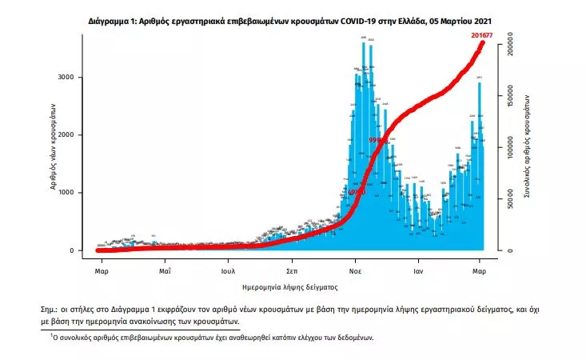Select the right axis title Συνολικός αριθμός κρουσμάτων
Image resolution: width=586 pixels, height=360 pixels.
[528, 148]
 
